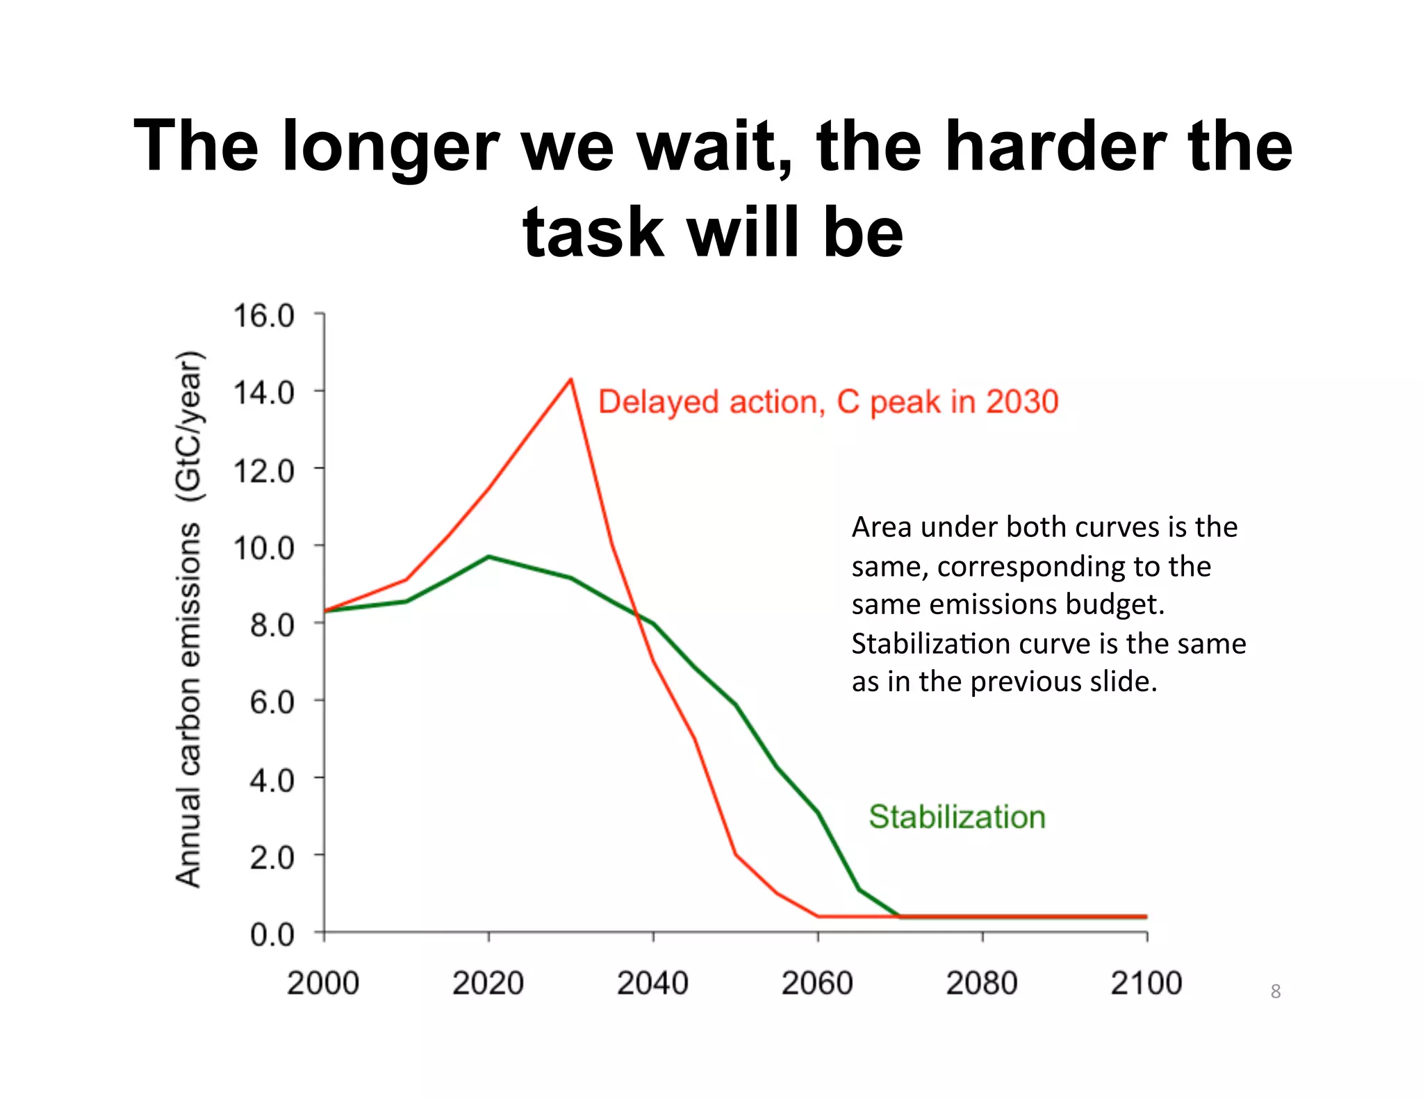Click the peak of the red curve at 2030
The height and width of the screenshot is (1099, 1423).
(570, 380)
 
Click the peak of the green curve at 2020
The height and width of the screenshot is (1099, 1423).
(488, 556)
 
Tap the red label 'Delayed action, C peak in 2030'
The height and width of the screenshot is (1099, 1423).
(828, 402)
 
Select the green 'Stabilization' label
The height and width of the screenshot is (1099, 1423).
(957, 817)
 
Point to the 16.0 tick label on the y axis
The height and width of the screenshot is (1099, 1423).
(264, 316)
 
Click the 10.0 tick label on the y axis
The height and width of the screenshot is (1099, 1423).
(264, 548)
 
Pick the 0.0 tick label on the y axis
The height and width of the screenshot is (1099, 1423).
(272, 935)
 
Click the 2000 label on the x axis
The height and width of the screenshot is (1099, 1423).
(323, 983)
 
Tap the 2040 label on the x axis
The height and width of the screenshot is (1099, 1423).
(652, 983)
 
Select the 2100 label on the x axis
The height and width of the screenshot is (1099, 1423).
(1146, 983)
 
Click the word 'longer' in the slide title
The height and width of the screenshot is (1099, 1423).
(390, 146)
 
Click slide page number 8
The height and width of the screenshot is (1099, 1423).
(1275, 991)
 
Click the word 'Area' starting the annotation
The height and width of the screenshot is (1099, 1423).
(881, 527)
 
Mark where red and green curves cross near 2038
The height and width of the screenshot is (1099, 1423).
(637, 614)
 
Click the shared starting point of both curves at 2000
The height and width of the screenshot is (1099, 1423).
(324, 611)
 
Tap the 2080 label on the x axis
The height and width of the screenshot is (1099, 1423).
(981, 983)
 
